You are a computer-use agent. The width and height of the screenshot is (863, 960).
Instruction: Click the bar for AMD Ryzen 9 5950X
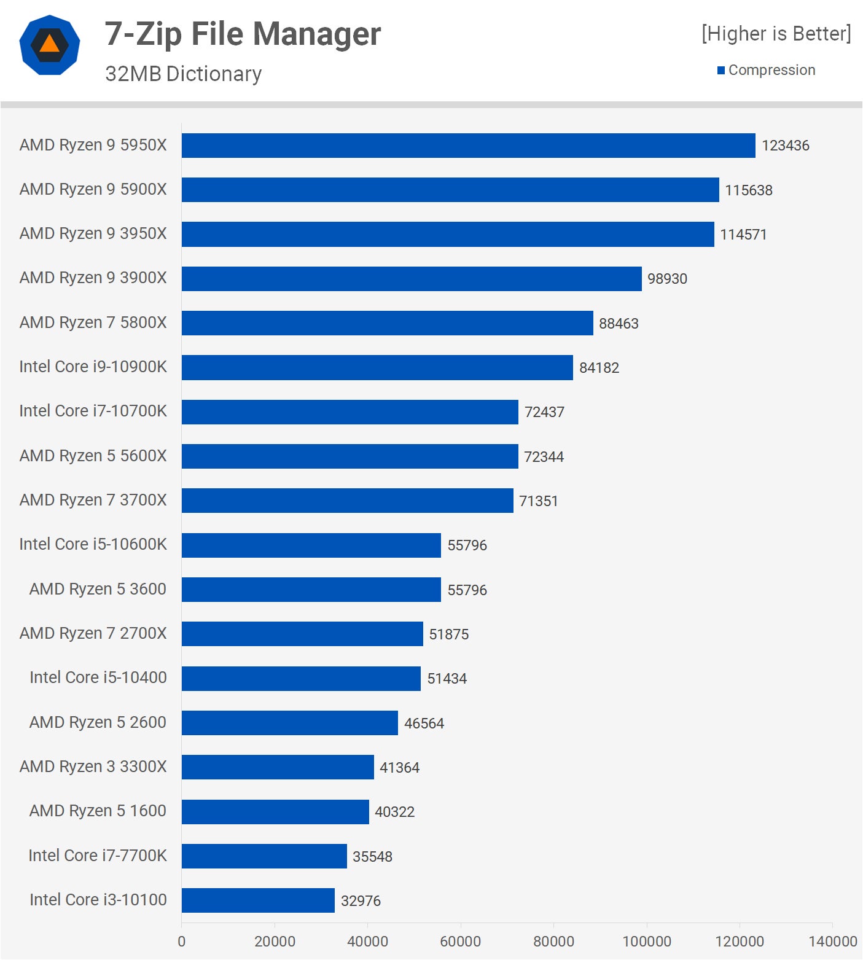[468, 146]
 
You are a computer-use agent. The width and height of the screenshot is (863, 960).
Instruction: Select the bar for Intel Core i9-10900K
[377, 367]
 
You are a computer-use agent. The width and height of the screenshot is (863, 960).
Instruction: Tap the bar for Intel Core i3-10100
[258, 900]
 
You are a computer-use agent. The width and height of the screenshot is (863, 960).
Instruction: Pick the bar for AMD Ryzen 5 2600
[289, 723]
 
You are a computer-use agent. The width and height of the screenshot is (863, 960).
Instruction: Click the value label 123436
[785, 146]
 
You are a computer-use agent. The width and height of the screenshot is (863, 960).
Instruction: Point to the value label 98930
[667, 279]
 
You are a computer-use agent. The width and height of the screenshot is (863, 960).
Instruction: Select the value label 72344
[544, 456]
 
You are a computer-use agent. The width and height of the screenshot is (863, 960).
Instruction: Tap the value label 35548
[372, 856]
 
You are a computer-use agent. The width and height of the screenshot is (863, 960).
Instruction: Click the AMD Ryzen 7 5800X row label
[93, 322]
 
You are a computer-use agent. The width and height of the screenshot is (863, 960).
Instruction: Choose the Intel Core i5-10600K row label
[93, 544]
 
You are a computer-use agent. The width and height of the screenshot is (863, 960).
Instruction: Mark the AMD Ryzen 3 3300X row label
[93, 767]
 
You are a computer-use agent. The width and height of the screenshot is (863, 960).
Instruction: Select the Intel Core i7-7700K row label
[97, 856]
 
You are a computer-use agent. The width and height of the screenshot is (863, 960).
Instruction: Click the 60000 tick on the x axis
[460, 941]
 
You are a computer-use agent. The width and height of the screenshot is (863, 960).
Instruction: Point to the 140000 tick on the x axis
[832, 941]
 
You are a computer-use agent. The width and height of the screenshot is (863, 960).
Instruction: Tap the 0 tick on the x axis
[181, 941]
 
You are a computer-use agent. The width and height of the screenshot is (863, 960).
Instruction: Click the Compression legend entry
[771, 70]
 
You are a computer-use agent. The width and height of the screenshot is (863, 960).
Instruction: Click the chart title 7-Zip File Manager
[243, 34]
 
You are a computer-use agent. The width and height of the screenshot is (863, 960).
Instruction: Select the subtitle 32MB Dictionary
[183, 74]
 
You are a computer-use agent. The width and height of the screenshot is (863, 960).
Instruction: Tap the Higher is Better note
[776, 34]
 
